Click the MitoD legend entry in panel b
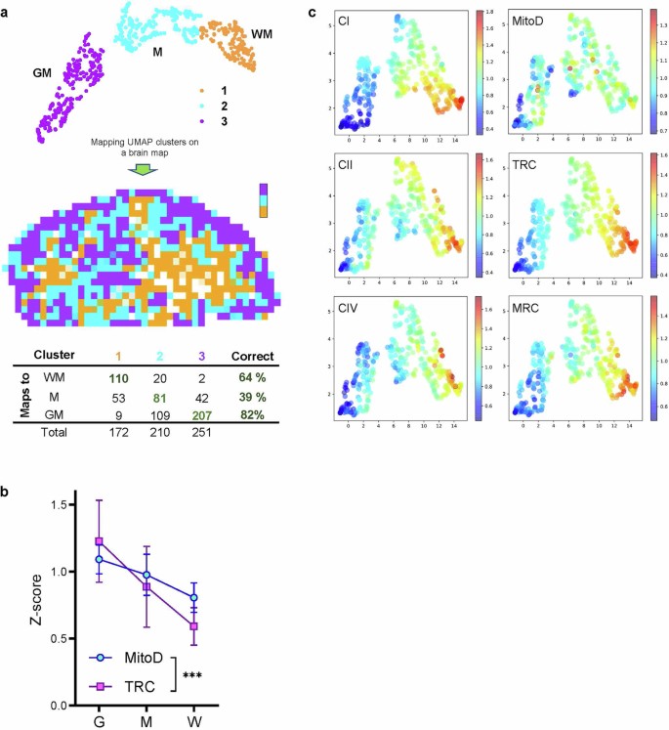(134, 660)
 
